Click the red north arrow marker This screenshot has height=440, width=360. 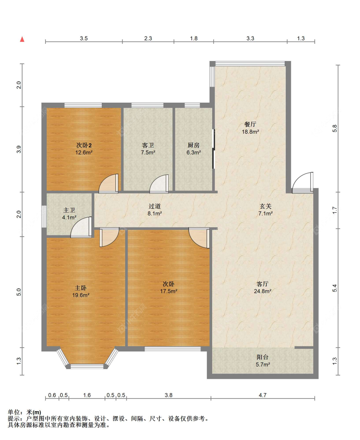22,39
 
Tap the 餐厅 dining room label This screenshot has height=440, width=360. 250,124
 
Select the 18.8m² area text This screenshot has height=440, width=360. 250,132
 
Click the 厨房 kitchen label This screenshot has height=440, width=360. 194,145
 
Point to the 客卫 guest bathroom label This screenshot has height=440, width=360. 148,145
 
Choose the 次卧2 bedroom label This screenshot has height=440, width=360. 84,145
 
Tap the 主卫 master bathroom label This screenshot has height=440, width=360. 69,210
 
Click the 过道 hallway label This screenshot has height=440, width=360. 155,206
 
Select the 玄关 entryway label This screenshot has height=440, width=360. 265,206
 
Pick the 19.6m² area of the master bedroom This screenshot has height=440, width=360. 81,295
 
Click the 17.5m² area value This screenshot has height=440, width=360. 169,291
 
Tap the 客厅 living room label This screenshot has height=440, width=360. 262,284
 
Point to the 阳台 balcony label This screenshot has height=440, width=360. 262,357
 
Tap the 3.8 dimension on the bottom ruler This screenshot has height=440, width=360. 169,395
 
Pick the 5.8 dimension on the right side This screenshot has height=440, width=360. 334,128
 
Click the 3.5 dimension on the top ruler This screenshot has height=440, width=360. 84,38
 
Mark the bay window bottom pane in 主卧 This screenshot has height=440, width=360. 87,366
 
